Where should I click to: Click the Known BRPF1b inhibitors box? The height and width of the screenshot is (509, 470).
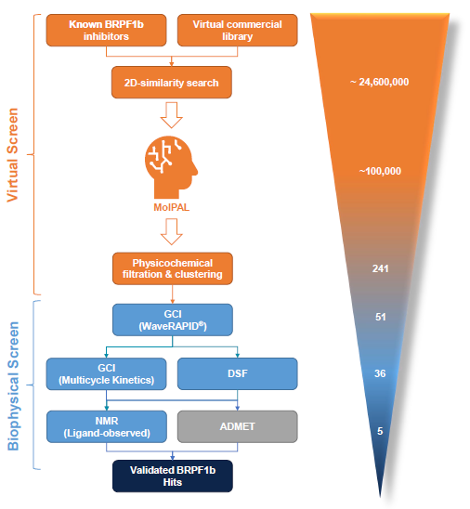point(105,29)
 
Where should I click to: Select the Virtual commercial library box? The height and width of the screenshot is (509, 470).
point(237,29)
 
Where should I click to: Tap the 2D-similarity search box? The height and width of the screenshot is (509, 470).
point(171,83)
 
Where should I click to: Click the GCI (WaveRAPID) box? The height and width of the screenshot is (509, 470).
point(171,320)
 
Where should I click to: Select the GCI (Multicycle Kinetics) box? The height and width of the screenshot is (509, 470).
point(105,373)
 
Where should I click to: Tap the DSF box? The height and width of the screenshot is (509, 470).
point(237,373)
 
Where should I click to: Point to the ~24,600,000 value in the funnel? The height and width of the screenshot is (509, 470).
point(379,82)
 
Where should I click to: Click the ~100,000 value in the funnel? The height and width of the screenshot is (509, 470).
point(379,171)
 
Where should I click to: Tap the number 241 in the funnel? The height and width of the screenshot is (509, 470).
point(379,268)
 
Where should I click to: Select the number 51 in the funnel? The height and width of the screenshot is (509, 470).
point(379,317)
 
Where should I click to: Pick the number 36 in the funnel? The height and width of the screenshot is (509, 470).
point(379,373)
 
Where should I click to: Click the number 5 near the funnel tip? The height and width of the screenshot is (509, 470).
point(379,430)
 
